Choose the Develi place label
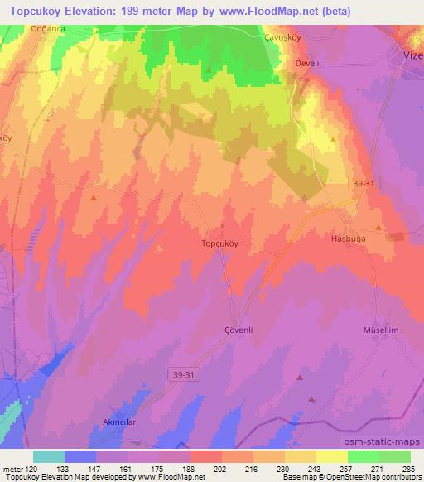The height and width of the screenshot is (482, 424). pyautogui.click(x=307, y=64)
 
